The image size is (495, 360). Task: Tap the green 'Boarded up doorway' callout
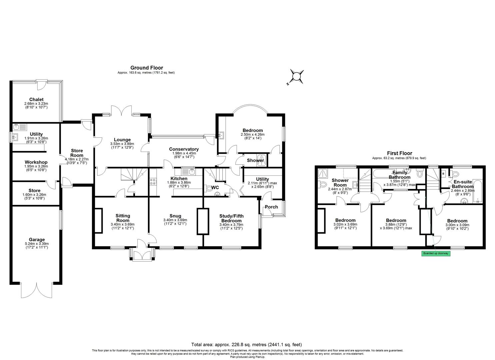coord(436,253)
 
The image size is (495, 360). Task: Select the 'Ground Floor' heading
coord(146,68)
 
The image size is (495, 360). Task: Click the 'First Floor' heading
coord(399,153)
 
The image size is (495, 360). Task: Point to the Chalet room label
coord(36,99)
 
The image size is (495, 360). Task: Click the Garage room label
coord(36,239)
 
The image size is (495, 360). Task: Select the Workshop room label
coord(36,162)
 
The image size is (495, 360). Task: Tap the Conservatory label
coord(184,149)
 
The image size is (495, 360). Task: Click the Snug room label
coord(175,216)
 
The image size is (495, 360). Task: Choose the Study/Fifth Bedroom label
coord(231,218)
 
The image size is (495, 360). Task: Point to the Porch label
coord(271,207)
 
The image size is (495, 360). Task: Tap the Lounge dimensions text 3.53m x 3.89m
coord(122,144)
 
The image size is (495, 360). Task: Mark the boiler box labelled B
coord(443,174)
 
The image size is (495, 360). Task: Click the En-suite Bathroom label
coord(462,184)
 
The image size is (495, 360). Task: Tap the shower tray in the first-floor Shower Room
coord(322,173)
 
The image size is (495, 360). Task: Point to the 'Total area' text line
coord(246,345)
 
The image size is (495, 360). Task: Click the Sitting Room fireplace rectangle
coord(99,220)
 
